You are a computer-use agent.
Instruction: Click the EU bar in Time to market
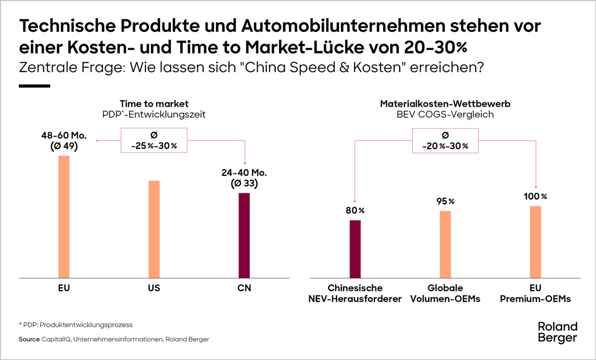(64, 216)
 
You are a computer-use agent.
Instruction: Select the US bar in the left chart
(154, 229)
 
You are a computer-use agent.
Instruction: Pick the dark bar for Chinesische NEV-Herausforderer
(355, 248)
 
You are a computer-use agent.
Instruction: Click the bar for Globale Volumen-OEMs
(445, 244)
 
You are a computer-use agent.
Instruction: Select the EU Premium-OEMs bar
(535, 241)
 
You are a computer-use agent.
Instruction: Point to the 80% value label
(355, 211)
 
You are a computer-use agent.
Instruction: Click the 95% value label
(445, 201)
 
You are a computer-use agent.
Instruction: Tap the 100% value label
(535, 197)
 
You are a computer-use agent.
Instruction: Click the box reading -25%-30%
(154, 141)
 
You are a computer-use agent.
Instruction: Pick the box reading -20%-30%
(445, 141)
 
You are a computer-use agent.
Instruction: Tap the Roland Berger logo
(558, 332)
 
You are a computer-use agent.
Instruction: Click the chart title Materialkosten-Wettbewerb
(445, 104)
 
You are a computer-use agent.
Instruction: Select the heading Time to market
(154, 104)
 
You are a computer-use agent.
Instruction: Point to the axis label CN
(244, 288)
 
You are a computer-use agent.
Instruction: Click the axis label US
(154, 288)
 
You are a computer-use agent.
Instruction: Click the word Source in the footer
(29, 339)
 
